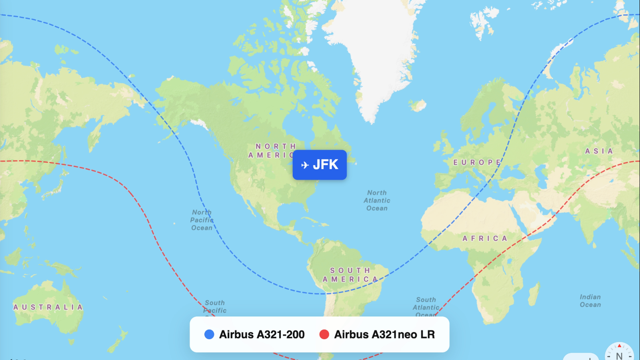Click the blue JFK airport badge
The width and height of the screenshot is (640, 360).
(x=320, y=165)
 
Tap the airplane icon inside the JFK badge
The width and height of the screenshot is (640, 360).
(x=305, y=165)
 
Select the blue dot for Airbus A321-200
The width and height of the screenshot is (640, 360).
(x=209, y=334)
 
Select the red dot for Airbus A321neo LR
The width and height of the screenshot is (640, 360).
(x=324, y=334)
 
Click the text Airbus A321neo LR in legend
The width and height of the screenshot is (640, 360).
(x=384, y=334)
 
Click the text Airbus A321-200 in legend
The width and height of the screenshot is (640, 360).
(x=262, y=334)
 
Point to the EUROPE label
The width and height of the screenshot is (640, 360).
(x=476, y=162)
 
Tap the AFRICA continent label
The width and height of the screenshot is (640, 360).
(x=485, y=238)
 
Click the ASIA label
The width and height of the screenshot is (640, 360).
(x=599, y=151)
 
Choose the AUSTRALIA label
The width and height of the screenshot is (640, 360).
(x=48, y=307)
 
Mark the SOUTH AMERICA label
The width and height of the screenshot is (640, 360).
(x=350, y=275)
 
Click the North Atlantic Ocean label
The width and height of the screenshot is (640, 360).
(x=377, y=200)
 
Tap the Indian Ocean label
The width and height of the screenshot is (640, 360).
(x=590, y=301)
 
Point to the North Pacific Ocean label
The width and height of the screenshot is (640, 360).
(x=202, y=220)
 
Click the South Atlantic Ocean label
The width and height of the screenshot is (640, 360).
(x=426, y=306)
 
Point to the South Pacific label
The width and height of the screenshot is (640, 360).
(x=215, y=306)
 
